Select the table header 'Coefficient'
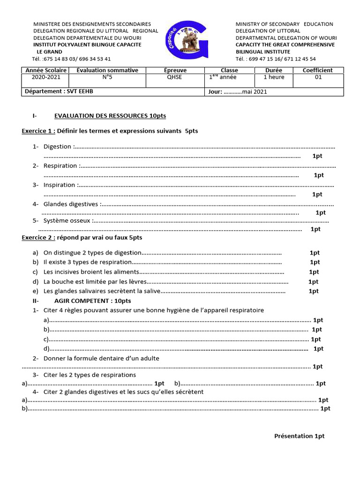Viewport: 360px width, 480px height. click(318, 70)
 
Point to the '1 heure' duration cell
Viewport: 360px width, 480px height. click(274, 77)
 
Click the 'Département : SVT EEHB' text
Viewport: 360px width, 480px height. click(59, 91)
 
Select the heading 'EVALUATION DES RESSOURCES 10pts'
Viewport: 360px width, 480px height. click(110, 115)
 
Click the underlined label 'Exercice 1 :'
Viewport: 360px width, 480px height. click(38, 131)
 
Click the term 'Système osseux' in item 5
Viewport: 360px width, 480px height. click(67, 221)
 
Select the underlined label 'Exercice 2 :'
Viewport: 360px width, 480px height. click(38, 238)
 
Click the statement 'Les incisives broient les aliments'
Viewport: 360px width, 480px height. click(91, 272)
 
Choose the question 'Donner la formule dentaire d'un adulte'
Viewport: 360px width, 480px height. click(101, 358)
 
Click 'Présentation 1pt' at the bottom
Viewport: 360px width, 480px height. click(299, 436)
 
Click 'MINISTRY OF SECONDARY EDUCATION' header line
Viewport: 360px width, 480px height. click(284, 24)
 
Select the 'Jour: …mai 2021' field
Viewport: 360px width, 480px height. click(238, 91)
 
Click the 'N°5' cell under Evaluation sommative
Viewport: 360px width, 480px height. click(107, 77)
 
